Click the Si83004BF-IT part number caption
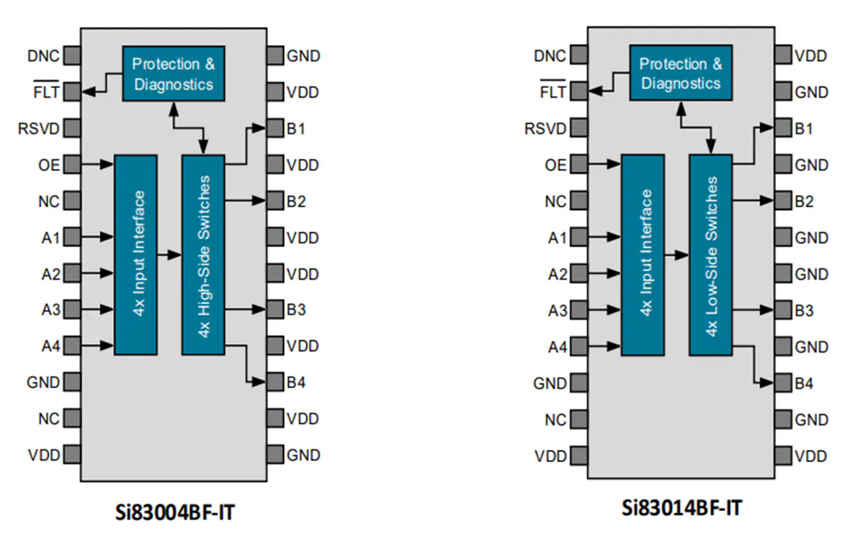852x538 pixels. pos(175,512)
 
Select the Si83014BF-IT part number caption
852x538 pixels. pos(682,508)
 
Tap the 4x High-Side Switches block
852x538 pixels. pos(203,255)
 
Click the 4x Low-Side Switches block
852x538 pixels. pos(711,255)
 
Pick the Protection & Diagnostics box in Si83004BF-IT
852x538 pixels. pos(173,73)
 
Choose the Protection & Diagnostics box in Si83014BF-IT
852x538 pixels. pos(681,72)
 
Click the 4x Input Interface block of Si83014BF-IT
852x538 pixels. pos(643,255)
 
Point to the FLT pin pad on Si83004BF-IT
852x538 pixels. pos(72,92)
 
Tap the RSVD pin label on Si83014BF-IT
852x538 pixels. pos(545,128)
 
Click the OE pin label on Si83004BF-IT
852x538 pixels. pos(49,165)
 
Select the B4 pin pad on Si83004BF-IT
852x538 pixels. pos(275,382)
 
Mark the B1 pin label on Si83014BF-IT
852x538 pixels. pos(804,129)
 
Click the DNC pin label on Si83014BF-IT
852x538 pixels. pos(550,56)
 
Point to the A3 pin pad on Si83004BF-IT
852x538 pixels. pos(72,309)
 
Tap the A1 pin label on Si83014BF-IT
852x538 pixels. pos(557,238)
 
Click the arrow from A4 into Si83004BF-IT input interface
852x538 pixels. pos(97,346)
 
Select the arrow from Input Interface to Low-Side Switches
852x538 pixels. pos(677,255)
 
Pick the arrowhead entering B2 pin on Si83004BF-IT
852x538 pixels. pos(258,200)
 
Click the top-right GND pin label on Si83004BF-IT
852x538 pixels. pos(303,56)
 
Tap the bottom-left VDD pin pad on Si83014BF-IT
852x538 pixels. pos(579,456)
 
